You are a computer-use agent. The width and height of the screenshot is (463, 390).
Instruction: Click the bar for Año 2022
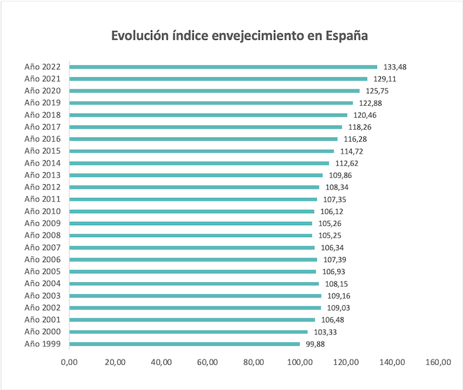tap(223, 67)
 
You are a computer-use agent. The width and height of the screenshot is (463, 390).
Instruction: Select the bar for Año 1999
tap(185, 344)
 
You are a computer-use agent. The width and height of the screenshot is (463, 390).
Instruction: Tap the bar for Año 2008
tap(190, 235)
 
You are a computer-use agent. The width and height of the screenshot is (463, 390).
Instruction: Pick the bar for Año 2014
tap(199, 163)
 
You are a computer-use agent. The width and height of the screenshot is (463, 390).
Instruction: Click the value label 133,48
tap(395, 67)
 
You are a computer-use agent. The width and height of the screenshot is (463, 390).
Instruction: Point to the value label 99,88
tap(316, 344)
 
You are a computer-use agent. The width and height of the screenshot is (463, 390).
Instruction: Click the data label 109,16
tap(337, 295)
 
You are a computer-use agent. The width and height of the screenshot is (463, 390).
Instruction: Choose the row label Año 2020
tap(42, 91)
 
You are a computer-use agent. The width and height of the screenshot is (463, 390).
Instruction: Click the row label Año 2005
tap(42, 271)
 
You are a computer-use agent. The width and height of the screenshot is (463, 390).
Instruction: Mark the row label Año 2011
tap(42, 199)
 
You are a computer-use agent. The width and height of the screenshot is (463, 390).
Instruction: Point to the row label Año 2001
tap(42, 320)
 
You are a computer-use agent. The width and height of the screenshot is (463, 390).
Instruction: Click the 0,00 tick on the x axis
tap(69, 362)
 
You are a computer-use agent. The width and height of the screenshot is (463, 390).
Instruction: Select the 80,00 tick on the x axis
tap(254, 362)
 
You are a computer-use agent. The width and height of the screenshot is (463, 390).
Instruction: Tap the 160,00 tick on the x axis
tap(439, 362)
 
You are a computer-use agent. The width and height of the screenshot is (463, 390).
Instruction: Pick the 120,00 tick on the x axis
tap(346, 362)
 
